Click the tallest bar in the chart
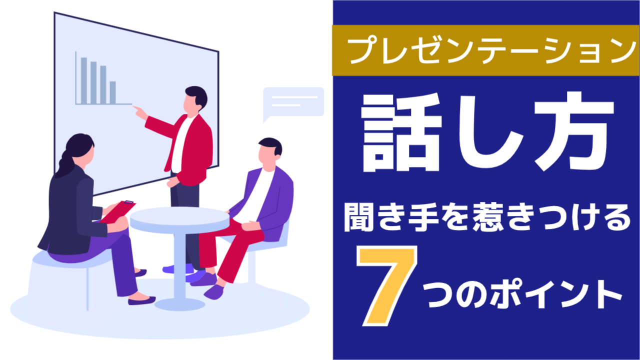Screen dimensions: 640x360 [83, 80]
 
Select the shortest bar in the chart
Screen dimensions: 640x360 [113, 92]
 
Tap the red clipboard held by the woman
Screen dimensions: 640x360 [118, 211]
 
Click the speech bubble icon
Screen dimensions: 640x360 [293, 103]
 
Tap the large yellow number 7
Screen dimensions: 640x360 [387, 286]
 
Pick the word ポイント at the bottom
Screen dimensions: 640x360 [555, 295]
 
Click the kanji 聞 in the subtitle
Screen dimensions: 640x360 [358, 217]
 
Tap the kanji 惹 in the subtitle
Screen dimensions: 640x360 [487, 217]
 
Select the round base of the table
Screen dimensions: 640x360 [179, 304]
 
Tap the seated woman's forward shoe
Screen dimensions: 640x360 [142, 300]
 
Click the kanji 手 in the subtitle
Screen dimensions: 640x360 [423, 217]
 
